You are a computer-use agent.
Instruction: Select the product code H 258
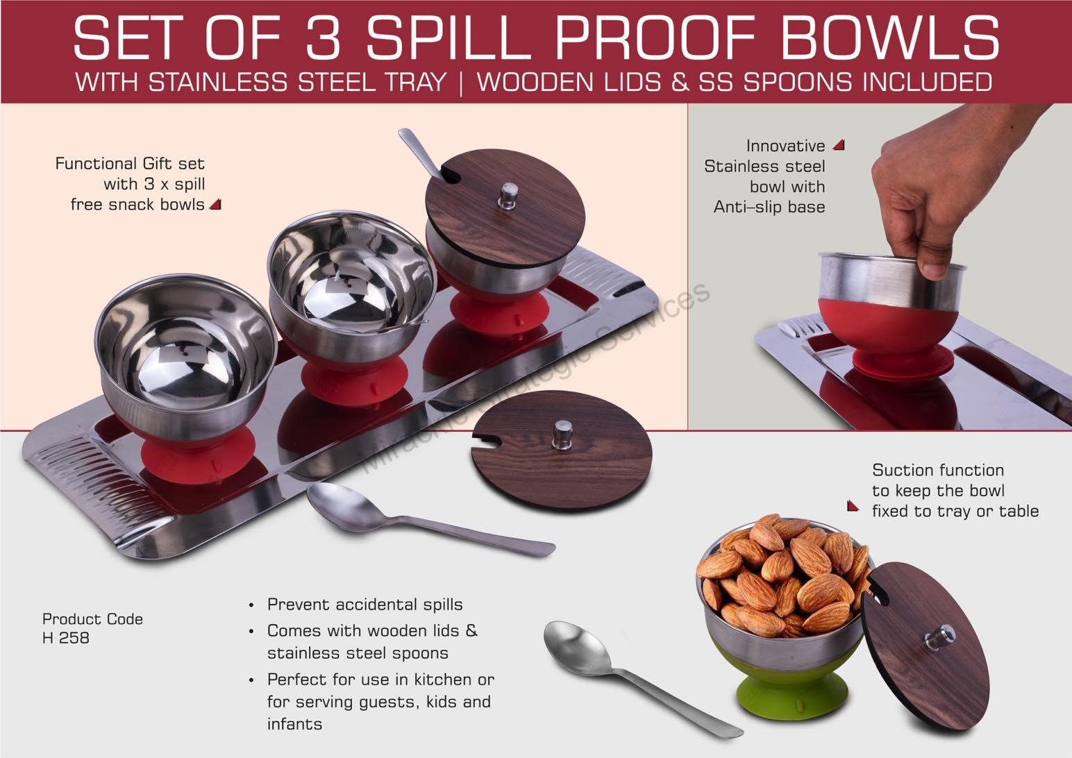pos(66,637)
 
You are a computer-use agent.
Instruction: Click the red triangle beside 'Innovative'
pos(839,145)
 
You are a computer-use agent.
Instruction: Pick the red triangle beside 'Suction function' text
pos(853,506)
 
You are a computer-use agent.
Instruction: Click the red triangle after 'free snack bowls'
pos(215,204)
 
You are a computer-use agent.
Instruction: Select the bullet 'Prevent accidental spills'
pos(365,605)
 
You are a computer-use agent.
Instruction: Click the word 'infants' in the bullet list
pos(294,724)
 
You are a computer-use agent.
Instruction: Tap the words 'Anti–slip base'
pos(769,207)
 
